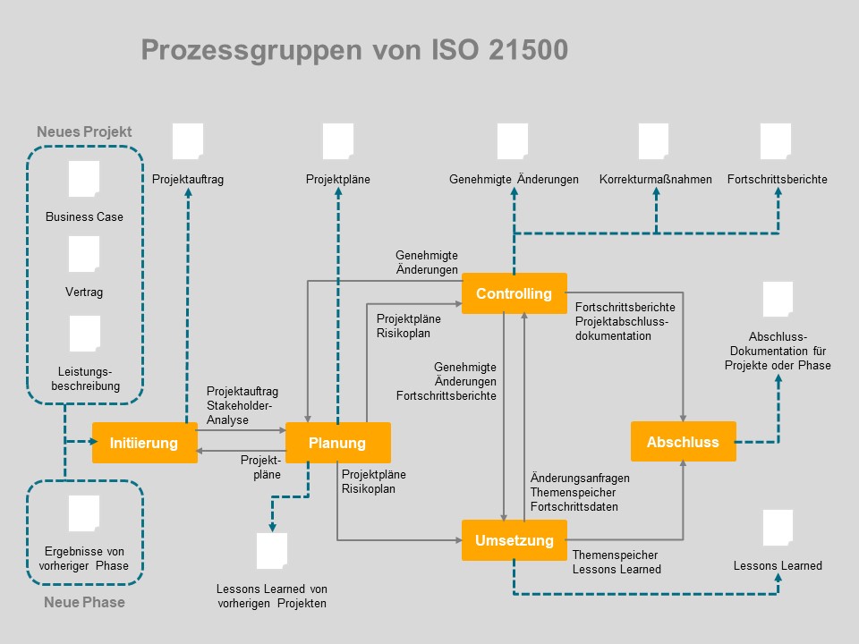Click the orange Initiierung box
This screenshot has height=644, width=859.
144,443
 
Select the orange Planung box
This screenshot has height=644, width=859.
337,443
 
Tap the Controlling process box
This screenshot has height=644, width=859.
514,293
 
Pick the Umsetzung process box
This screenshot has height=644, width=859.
514,540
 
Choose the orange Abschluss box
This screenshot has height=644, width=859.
683,442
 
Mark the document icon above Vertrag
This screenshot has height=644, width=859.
84,254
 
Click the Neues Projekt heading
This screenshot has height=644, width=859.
84,131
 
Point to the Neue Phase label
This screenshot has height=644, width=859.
84,602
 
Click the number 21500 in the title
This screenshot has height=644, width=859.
528,50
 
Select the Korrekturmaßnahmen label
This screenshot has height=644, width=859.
655,179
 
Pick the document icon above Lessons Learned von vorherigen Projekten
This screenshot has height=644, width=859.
271,551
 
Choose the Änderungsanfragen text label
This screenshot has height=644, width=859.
579,478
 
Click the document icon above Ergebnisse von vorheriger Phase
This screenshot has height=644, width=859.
84,513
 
